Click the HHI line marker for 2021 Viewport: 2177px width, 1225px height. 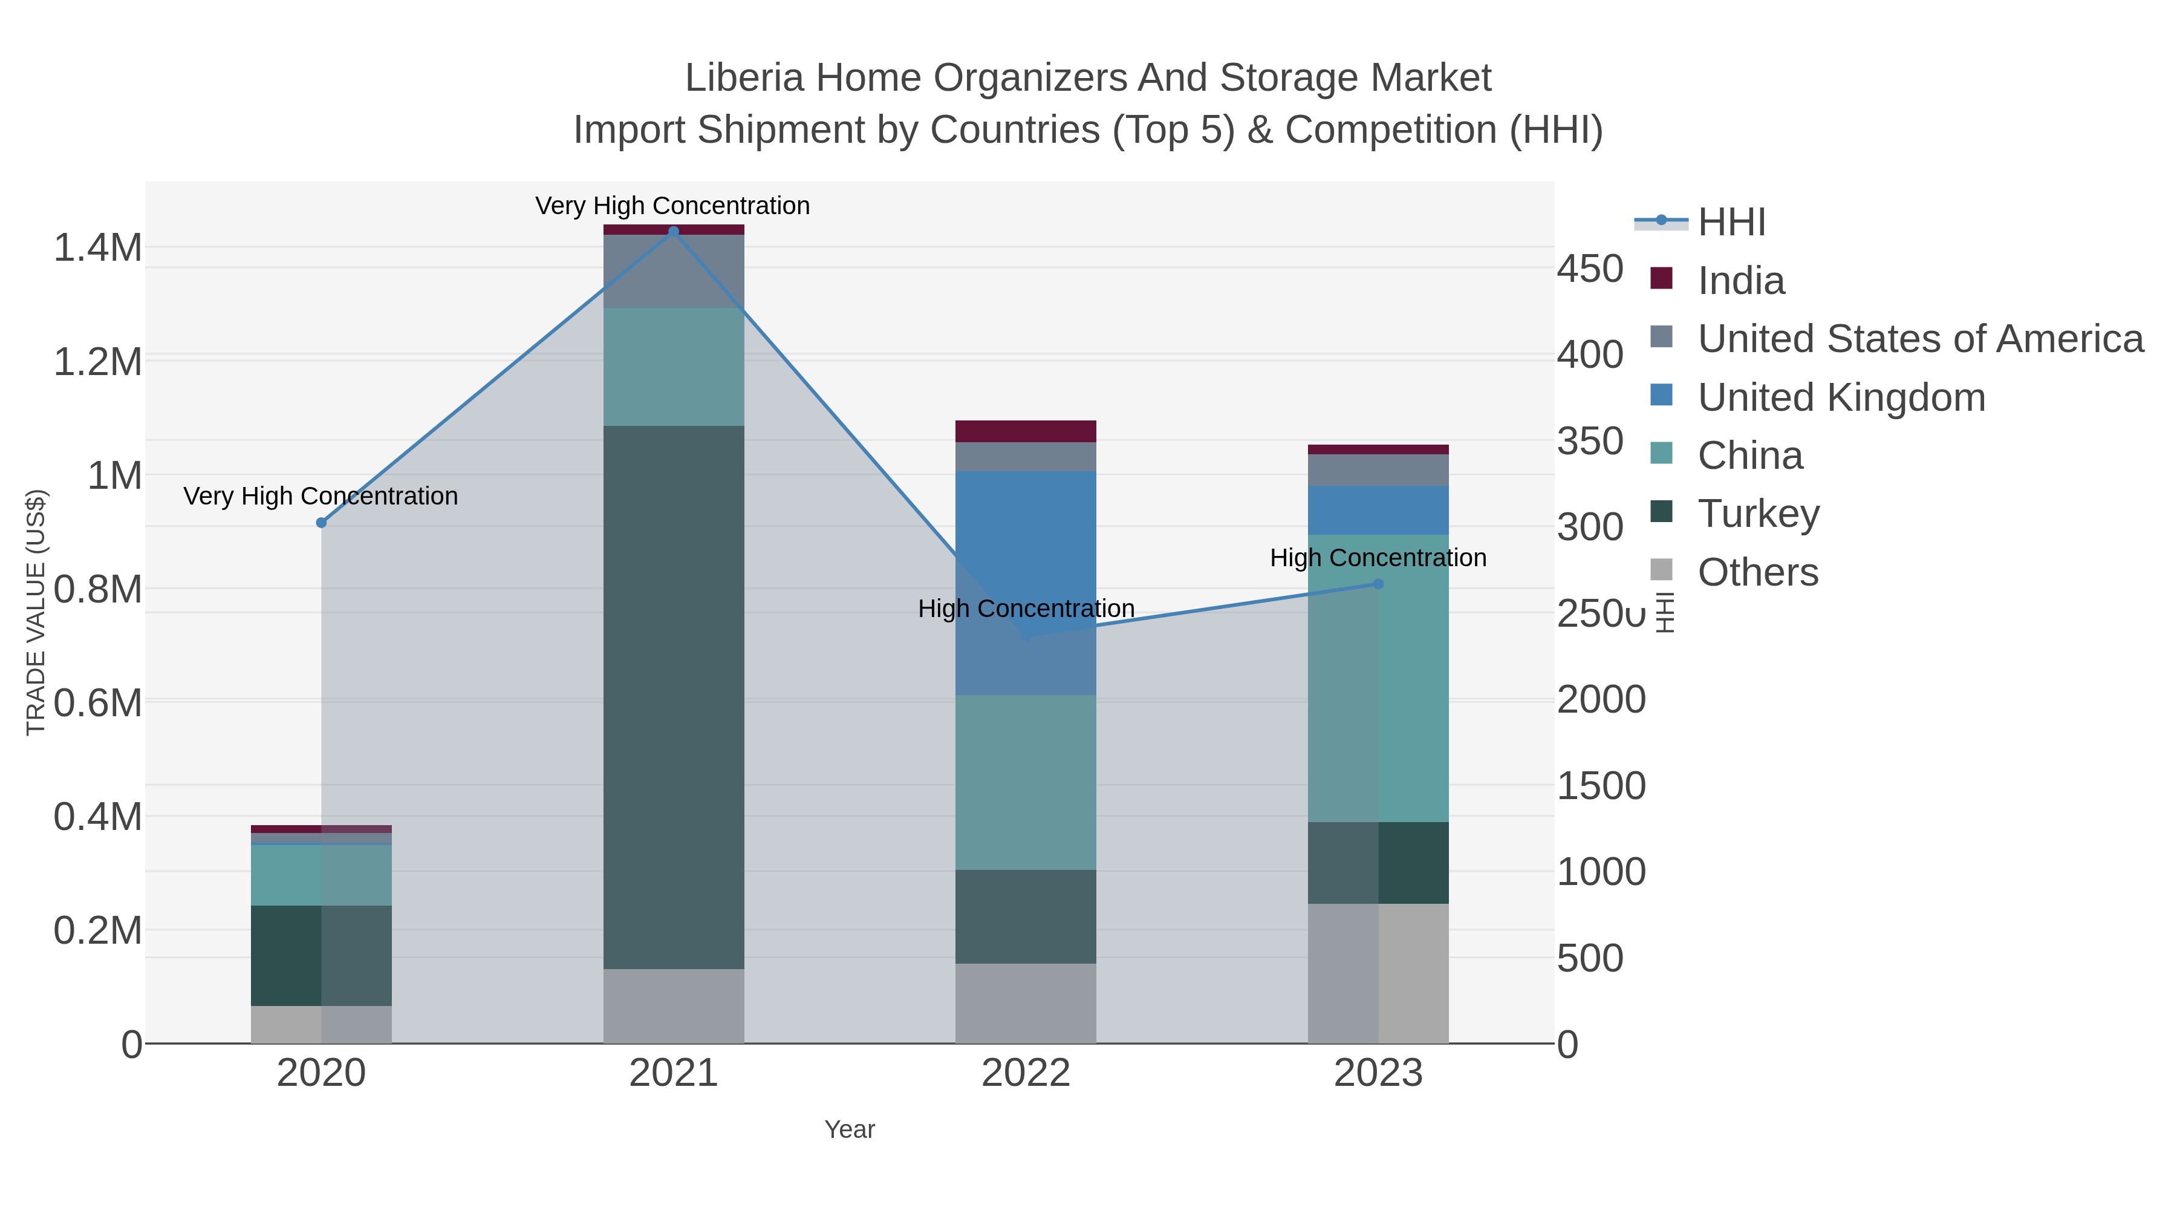tap(674, 232)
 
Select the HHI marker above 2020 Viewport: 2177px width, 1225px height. tap(321, 523)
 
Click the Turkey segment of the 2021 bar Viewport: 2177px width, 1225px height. tap(674, 697)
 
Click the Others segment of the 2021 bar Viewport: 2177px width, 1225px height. tap(674, 1006)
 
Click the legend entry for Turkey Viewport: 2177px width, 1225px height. tap(1758, 514)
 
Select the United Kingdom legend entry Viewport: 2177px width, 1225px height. tap(1841, 397)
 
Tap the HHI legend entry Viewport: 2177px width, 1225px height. tap(1731, 223)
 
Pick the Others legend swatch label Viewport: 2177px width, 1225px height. tap(1758, 572)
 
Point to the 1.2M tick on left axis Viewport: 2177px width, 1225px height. tap(98, 362)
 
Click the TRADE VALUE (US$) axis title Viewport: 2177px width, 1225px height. tap(36, 612)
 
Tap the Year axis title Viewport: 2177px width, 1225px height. tap(850, 1129)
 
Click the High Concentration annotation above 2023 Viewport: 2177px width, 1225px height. tap(1378, 558)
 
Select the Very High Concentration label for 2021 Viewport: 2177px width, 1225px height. tap(672, 206)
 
